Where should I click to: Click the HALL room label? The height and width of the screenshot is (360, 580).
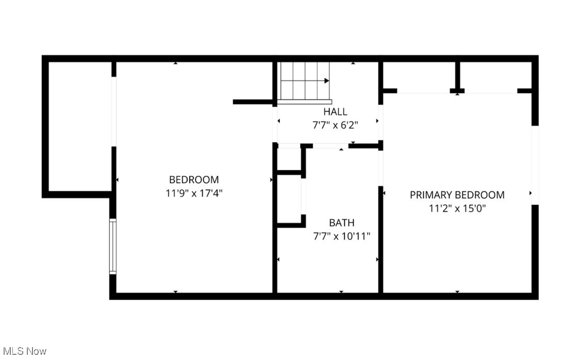(x=335, y=111)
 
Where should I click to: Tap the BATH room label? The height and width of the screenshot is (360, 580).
(x=342, y=223)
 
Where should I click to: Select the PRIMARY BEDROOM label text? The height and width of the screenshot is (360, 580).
(x=457, y=195)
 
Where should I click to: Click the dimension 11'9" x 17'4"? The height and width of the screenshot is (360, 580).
(x=194, y=193)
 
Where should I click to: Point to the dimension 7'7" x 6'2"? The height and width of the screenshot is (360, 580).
(x=335, y=125)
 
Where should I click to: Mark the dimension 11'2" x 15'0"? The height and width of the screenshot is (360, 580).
(x=457, y=208)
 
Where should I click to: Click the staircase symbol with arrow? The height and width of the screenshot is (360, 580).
(x=305, y=81)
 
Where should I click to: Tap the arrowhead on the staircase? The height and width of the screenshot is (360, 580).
(x=327, y=81)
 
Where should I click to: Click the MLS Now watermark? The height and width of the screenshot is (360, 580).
(x=24, y=351)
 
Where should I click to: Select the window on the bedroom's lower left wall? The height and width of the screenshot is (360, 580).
(x=112, y=246)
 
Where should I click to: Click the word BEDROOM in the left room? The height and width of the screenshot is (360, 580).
(x=194, y=180)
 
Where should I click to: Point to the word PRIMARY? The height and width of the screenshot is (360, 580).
(x=431, y=195)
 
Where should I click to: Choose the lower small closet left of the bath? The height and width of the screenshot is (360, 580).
(x=289, y=199)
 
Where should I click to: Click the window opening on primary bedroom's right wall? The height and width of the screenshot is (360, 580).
(x=535, y=165)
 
